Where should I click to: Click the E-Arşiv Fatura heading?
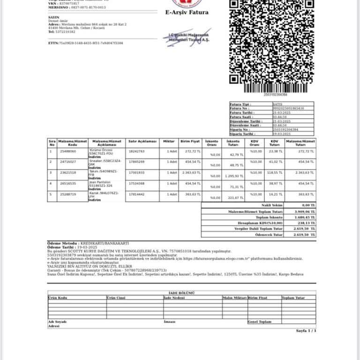187,13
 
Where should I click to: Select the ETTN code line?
85,43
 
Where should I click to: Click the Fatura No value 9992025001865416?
288,108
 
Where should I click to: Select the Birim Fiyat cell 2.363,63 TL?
191,172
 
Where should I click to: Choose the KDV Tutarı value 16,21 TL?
273,194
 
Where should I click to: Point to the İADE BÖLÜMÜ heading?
182,292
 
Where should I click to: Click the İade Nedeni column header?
174,297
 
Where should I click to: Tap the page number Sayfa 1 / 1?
306,330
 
